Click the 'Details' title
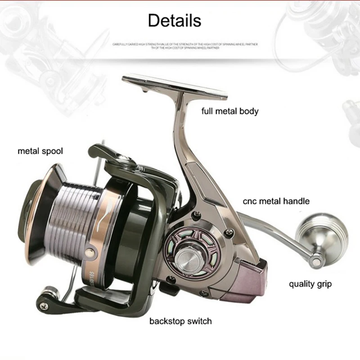point(174,20)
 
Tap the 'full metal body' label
point(230,111)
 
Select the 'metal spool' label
point(40,151)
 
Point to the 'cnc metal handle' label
point(276,201)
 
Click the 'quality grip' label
point(310,284)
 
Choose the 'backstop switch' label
point(180,321)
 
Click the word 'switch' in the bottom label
point(198,321)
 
